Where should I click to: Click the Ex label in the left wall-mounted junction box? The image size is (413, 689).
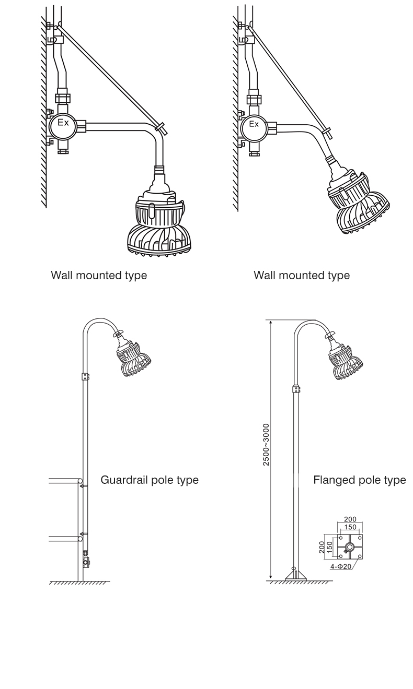(63, 123)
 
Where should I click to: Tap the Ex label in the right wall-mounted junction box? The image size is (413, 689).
(254, 124)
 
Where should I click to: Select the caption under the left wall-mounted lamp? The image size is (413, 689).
(99, 275)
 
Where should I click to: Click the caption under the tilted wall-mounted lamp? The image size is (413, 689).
(302, 275)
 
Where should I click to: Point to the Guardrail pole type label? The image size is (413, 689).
(150, 480)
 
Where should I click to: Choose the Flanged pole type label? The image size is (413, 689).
(360, 480)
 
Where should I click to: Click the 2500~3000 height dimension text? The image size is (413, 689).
(266, 445)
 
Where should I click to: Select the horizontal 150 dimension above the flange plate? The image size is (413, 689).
(350, 527)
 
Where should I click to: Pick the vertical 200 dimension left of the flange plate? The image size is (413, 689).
(322, 548)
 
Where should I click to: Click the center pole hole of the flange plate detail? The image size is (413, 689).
(350, 547)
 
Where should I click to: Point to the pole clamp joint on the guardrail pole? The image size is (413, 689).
(85, 376)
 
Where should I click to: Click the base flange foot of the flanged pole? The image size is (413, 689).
(296, 576)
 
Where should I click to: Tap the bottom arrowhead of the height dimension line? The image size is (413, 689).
(271, 577)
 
